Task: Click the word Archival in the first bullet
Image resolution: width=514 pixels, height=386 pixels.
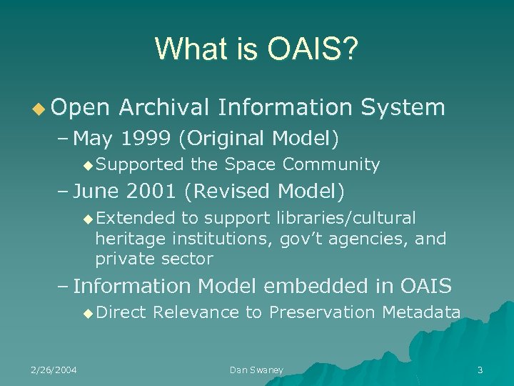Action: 163,107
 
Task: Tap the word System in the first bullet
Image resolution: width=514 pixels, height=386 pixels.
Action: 403,107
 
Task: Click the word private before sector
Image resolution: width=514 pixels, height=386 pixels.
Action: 123,258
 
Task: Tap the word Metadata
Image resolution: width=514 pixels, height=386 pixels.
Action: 421,312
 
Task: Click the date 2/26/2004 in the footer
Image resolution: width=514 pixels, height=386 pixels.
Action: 54,370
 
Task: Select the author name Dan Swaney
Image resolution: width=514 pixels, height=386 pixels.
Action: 256,370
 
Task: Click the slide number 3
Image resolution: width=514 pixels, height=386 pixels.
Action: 480,370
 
